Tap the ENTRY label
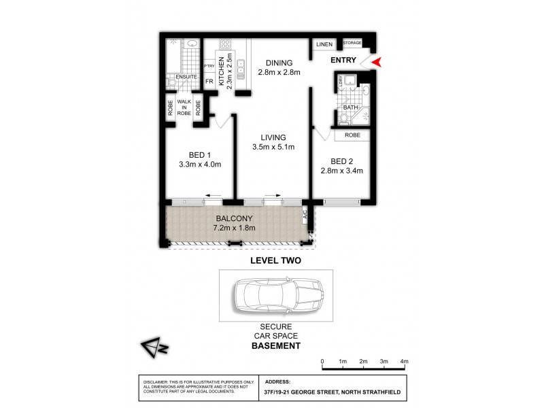[x=343, y=61]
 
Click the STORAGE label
[x=352, y=43]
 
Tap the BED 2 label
[x=342, y=160]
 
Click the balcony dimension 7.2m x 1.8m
[x=235, y=227]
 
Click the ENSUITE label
[x=186, y=77]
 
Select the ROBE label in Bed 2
[x=352, y=135]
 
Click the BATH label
[x=350, y=107]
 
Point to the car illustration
[x=275, y=296]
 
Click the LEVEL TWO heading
[x=275, y=260]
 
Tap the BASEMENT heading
[x=275, y=346]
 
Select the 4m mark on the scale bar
[x=404, y=361]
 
